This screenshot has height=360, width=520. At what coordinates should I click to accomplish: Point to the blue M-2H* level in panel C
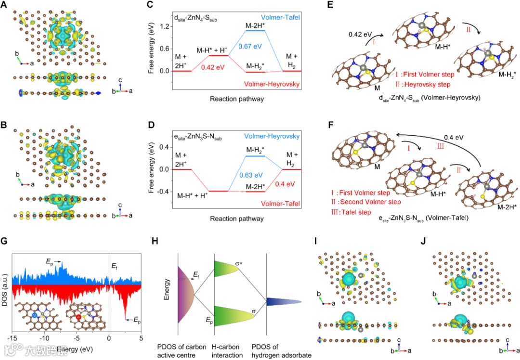click(x=255, y=30)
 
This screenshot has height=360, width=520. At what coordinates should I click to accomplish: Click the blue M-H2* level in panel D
click(x=255, y=156)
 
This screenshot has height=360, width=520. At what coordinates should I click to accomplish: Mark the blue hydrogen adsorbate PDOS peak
click(x=284, y=302)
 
